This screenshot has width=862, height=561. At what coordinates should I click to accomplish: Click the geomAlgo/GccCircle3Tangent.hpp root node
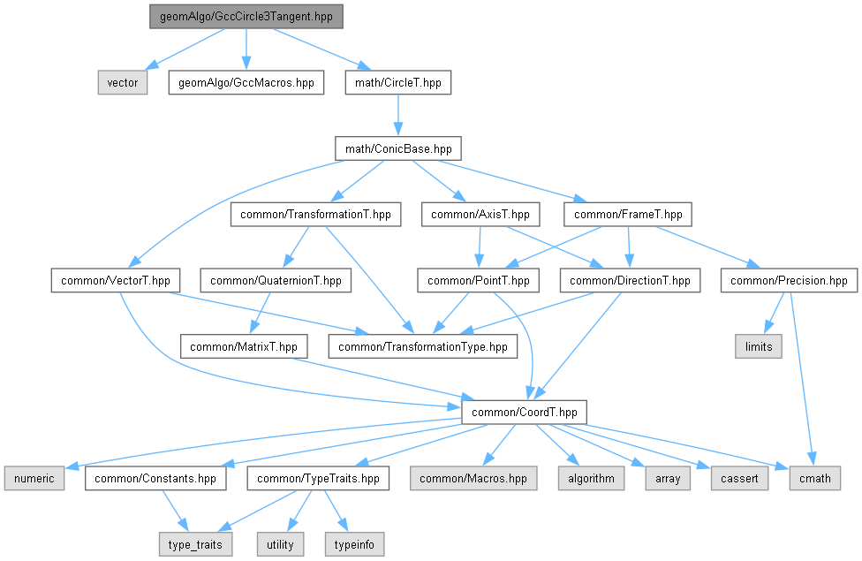pyautogui.click(x=246, y=16)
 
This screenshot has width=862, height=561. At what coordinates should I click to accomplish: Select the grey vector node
pyautogui.click(x=123, y=82)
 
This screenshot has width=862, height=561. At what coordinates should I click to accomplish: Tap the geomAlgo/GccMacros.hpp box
pyautogui.click(x=246, y=82)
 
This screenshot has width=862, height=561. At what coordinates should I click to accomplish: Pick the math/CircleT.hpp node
pyautogui.click(x=398, y=82)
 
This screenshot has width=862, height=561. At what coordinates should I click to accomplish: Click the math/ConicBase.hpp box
pyautogui.click(x=398, y=148)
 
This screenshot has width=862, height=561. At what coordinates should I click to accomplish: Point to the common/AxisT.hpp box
pyautogui.click(x=480, y=215)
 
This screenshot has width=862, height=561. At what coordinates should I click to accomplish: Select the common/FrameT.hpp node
pyautogui.click(x=628, y=215)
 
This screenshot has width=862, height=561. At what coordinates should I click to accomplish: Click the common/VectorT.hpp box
pyautogui.click(x=116, y=281)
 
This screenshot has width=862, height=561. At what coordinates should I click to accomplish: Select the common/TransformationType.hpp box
pyautogui.click(x=423, y=346)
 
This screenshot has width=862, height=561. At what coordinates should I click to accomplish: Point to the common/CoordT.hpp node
pyautogui.click(x=524, y=412)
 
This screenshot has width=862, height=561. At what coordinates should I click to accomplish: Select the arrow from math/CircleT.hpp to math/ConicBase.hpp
pyautogui.click(x=398, y=115)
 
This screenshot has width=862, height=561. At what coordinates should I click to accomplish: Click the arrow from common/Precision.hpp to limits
pyautogui.click(x=772, y=315)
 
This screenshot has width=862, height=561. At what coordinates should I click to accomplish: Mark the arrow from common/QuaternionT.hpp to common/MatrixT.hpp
pyautogui.click(x=259, y=314)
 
